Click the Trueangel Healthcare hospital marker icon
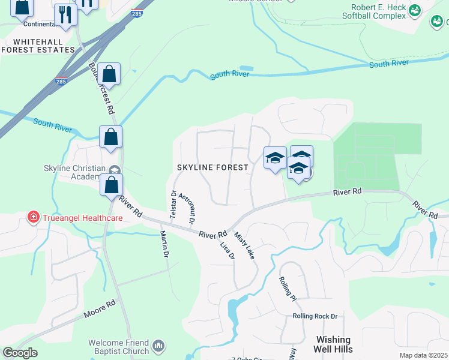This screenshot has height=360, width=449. coord(32,218)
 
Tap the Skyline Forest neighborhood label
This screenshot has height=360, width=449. coord(212,167)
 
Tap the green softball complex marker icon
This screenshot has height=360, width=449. coord(414,10)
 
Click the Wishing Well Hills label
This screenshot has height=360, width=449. coord(333,344)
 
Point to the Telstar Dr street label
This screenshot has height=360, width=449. coord(173,204)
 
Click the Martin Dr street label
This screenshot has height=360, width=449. coord(163,244)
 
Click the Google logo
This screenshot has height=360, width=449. coord(20,353)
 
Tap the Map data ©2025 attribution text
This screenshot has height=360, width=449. coord(423,355)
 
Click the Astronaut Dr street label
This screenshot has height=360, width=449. coord(187,209)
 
